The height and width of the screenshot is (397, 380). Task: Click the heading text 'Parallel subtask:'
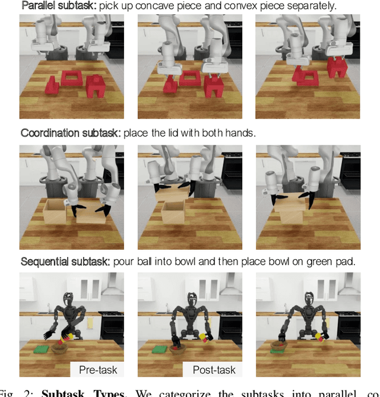click(58, 6)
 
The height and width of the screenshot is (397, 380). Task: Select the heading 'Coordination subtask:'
click(71, 134)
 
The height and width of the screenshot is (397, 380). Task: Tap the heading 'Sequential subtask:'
click(65, 262)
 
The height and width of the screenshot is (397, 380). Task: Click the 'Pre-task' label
click(98, 370)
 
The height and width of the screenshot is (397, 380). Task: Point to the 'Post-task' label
click(214, 370)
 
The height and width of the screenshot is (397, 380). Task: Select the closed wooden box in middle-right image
click(290, 208)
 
